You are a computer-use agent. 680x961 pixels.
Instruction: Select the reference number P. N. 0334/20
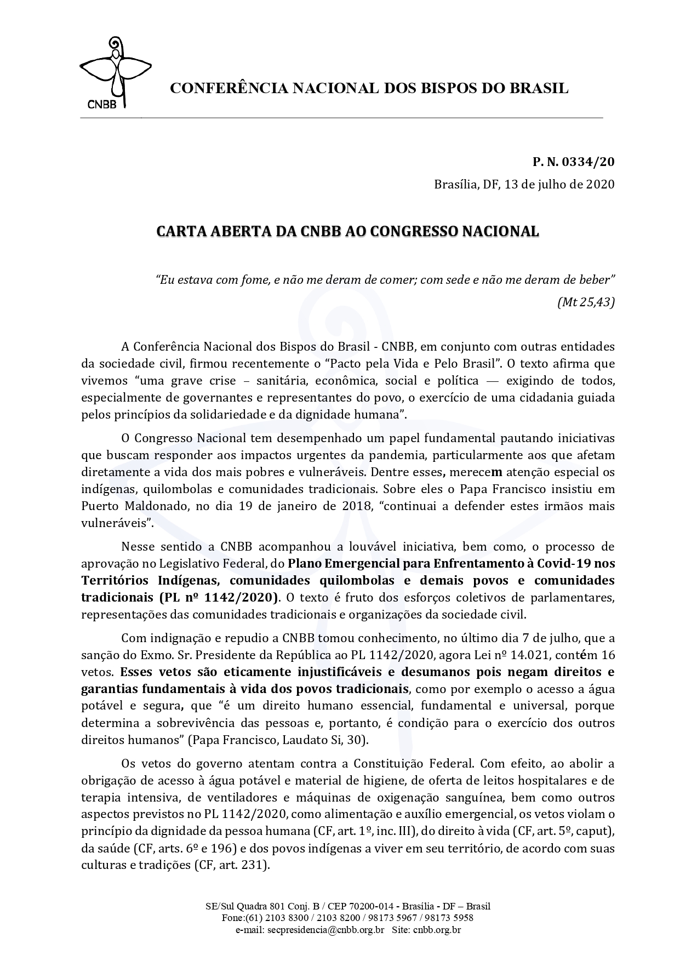(573, 162)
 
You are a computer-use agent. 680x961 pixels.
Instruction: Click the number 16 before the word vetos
(608, 655)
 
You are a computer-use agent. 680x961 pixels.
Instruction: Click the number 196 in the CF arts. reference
(226, 849)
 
